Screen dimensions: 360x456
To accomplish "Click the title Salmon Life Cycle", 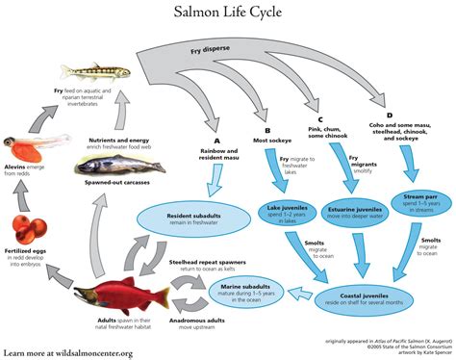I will tap(228, 13).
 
